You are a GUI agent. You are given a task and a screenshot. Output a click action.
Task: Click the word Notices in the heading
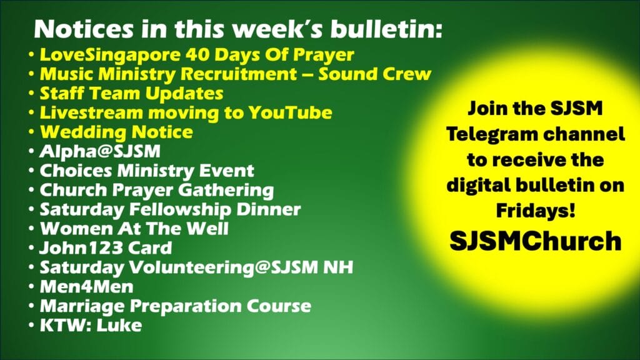tap(84, 29)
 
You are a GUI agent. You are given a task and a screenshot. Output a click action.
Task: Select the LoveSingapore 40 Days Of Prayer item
tap(197, 55)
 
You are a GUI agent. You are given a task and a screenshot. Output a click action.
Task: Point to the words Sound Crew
tap(375, 74)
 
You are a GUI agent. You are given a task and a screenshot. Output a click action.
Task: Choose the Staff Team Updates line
tap(131, 94)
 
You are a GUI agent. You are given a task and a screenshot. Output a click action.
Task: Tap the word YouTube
tap(290, 112)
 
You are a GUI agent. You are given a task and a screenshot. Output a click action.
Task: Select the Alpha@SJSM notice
tap(100, 151)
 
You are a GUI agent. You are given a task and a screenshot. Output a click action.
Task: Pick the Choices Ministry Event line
tap(147, 171)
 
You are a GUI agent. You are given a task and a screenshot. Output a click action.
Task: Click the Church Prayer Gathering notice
tap(157, 190)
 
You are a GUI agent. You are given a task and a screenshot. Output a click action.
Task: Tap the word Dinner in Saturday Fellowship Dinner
tap(269, 209)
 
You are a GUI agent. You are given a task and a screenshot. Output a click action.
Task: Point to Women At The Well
tap(134, 229)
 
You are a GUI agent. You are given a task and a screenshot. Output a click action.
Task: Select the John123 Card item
tap(106, 248)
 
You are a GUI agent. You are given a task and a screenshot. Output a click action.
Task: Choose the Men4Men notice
tap(86, 286)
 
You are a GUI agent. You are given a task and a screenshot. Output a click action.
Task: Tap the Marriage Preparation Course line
tap(176, 306)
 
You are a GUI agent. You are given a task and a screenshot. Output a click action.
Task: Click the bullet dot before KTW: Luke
tap(31, 326)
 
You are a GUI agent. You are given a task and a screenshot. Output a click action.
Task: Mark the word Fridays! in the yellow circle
tap(536, 211)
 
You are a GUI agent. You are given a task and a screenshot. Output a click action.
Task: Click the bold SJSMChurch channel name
tap(536, 241)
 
